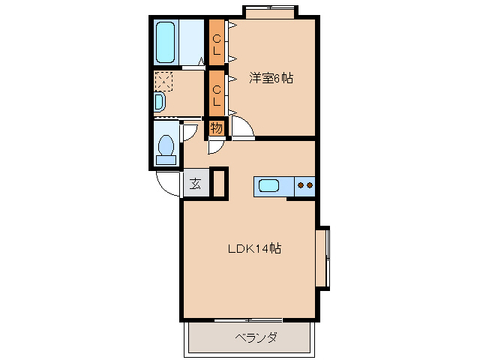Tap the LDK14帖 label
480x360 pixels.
254,248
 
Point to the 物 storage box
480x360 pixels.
216,128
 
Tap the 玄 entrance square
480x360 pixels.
194,184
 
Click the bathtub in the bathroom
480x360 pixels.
165,43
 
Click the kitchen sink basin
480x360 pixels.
269,185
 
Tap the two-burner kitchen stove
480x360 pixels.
304,185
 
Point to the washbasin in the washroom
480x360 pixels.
160,101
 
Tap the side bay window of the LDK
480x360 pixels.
323,257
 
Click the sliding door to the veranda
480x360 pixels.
247,321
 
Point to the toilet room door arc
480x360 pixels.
190,132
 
